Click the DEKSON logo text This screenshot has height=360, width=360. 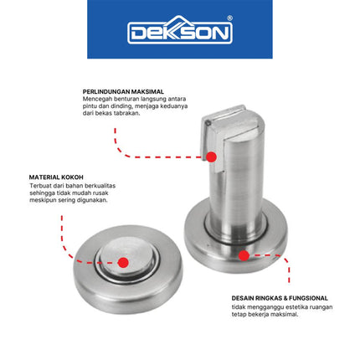(x=179, y=32)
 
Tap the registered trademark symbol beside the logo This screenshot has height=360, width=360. (x=229, y=18)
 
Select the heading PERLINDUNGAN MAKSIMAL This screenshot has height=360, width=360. (x=122, y=90)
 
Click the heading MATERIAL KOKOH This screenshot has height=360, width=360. (x=56, y=177)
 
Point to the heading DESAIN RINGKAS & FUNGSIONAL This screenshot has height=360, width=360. (x=280, y=297)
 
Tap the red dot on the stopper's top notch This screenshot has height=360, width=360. (x=212, y=157)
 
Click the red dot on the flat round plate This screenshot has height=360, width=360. (x=123, y=262)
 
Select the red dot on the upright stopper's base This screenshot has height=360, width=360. (x=243, y=255)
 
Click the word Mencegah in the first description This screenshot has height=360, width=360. (x=97, y=98)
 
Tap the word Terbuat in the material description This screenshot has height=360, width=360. (x=42, y=185)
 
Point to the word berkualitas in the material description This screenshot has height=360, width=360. (x=97, y=185)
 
